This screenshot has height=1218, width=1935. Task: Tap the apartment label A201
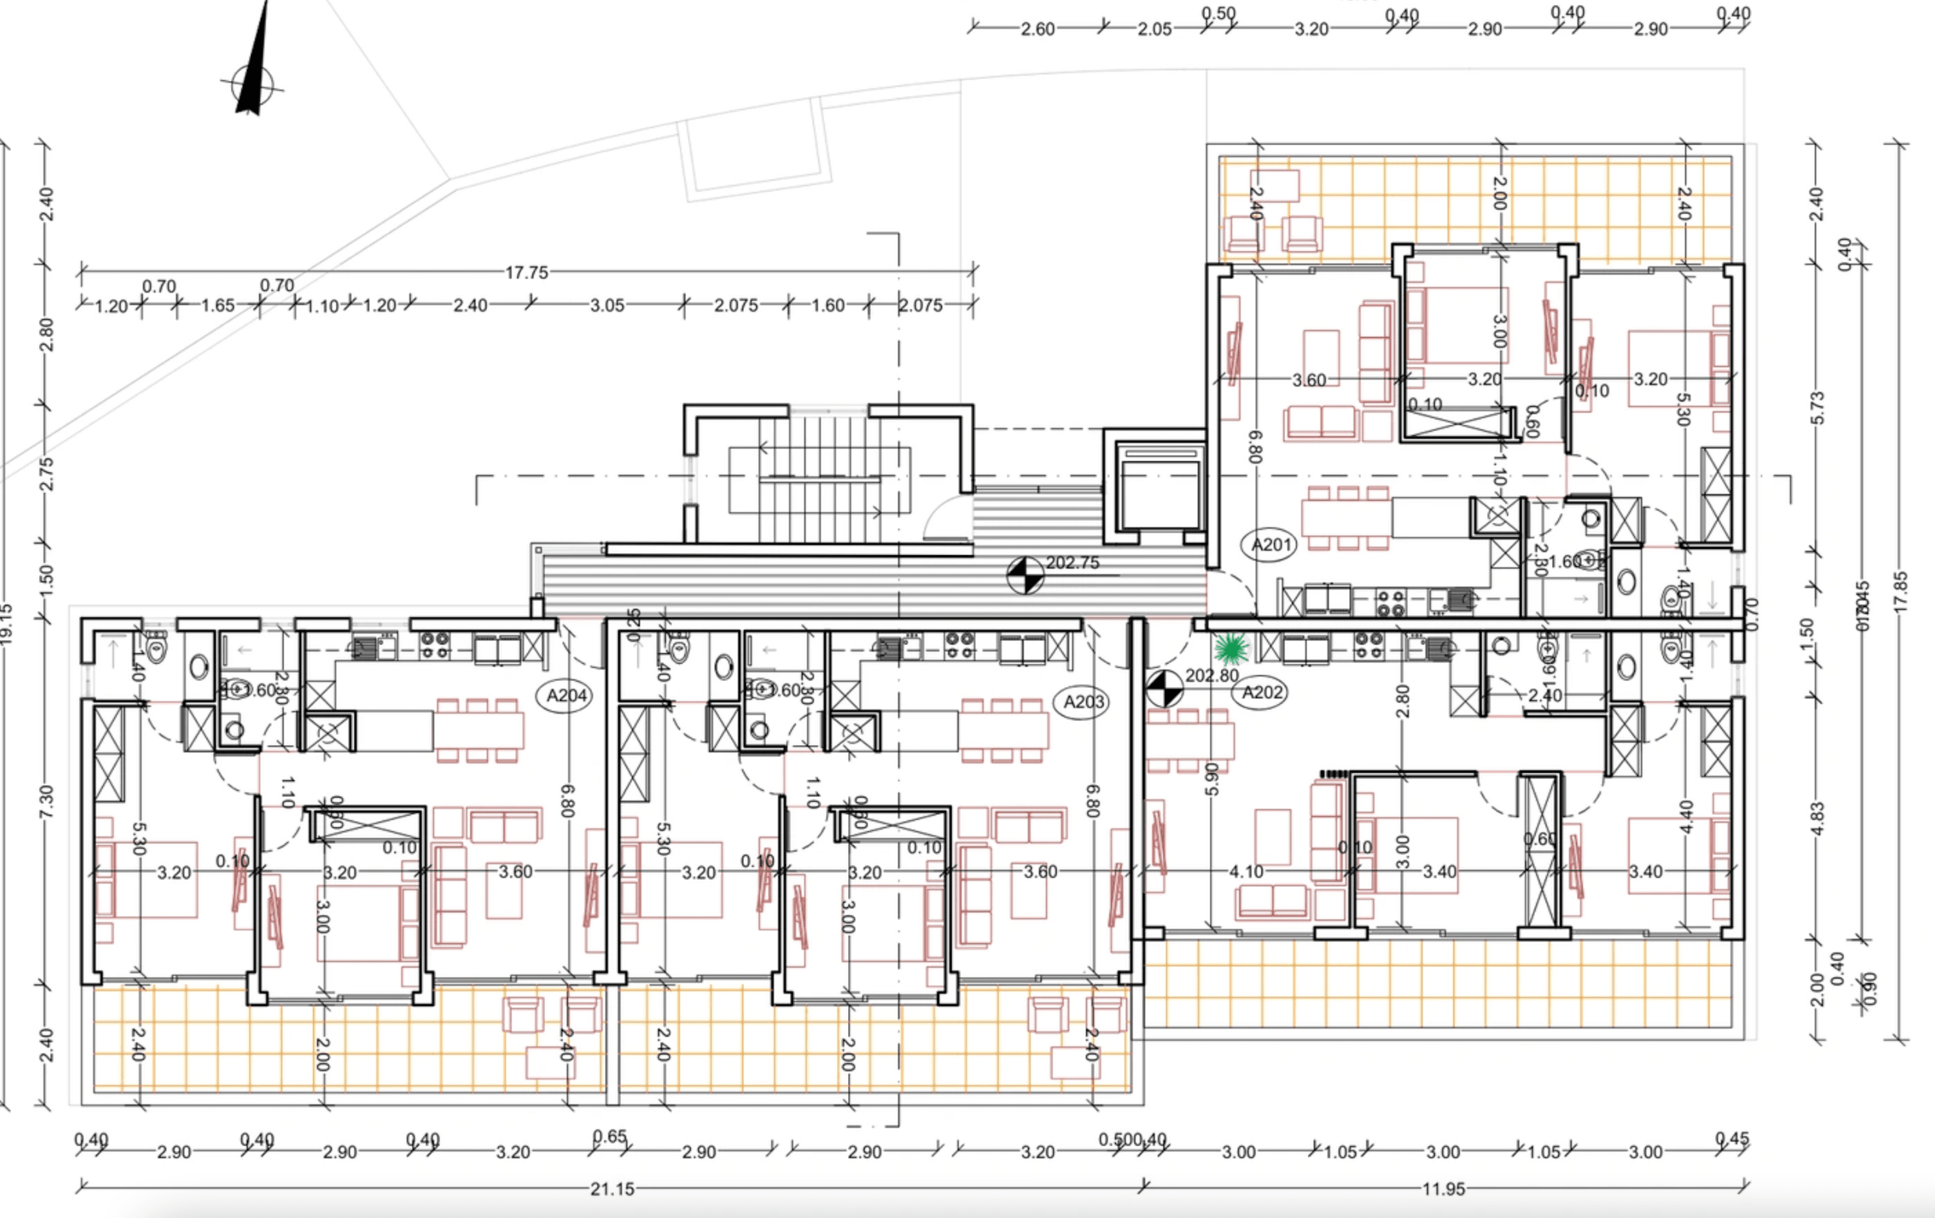[x=1271, y=545]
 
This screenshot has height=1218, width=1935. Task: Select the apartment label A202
[x=1262, y=692]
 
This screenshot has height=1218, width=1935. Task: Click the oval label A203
[x=1084, y=702]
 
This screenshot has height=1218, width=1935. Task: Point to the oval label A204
[x=566, y=696]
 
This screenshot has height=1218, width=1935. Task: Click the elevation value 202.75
[x=1072, y=563]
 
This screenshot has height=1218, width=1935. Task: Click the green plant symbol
[x=1231, y=648]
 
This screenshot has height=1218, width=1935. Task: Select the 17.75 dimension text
[x=526, y=273]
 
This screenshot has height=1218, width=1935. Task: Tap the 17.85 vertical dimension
[x=1901, y=592]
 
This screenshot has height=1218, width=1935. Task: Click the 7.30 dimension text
[x=46, y=802]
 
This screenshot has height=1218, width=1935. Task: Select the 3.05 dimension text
[x=606, y=306]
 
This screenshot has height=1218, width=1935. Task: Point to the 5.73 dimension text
[x=1818, y=408]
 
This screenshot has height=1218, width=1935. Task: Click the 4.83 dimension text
[x=1818, y=818]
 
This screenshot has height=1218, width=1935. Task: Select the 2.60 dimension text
[x=1038, y=29]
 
